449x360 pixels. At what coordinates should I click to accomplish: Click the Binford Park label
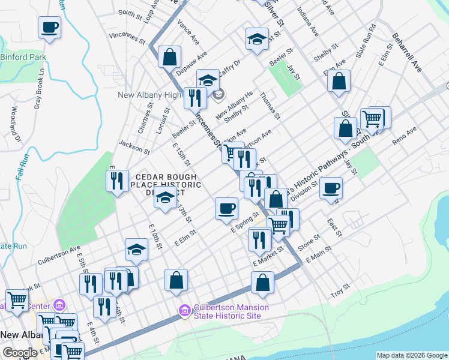click(23, 58)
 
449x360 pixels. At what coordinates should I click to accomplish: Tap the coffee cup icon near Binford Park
click(49, 27)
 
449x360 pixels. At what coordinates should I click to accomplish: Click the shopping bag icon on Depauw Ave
click(170, 57)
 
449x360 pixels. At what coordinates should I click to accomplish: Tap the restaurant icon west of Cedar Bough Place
click(117, 180)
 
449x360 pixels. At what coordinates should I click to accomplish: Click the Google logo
click(20, 353)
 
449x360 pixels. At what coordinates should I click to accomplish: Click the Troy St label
click(341, 290)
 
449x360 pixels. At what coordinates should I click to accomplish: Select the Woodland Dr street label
click(16, 124)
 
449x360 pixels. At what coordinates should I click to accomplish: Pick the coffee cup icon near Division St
click(331, 188)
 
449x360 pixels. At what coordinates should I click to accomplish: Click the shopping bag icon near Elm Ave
click(339, 81)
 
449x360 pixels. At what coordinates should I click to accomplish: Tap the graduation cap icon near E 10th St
click(136, 250)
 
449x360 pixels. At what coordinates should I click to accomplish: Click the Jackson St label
click(134, 144)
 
